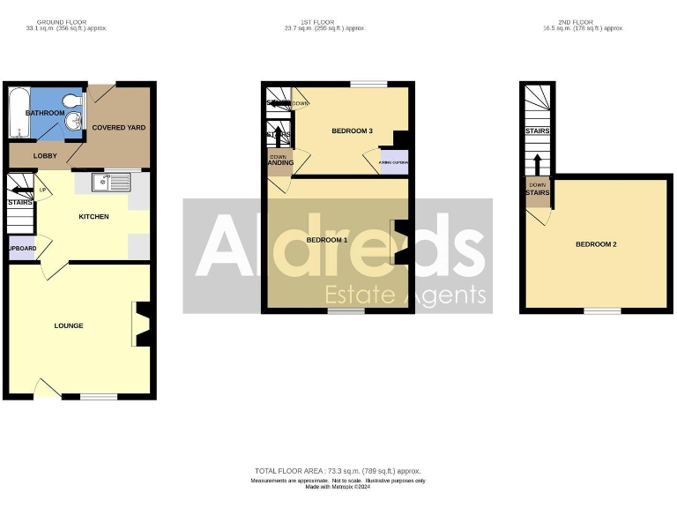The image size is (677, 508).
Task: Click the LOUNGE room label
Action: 69,325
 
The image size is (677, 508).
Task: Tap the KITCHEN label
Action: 93,216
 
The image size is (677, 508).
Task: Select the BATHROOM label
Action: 44,113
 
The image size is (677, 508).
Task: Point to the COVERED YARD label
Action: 119,127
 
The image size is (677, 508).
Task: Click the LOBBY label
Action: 45,156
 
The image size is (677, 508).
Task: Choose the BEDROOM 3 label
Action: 352,131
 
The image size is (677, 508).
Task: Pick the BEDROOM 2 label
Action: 596,243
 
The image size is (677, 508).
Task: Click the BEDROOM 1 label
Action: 327,239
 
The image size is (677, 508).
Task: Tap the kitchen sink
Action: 110,184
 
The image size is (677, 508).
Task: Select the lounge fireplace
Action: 141,324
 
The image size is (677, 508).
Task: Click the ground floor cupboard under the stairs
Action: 22,248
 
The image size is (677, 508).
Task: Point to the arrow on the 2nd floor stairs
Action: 536,163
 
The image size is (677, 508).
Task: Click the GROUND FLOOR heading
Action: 47,22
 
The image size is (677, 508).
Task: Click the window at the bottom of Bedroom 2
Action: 601,310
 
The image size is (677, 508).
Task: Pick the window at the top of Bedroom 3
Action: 368,84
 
